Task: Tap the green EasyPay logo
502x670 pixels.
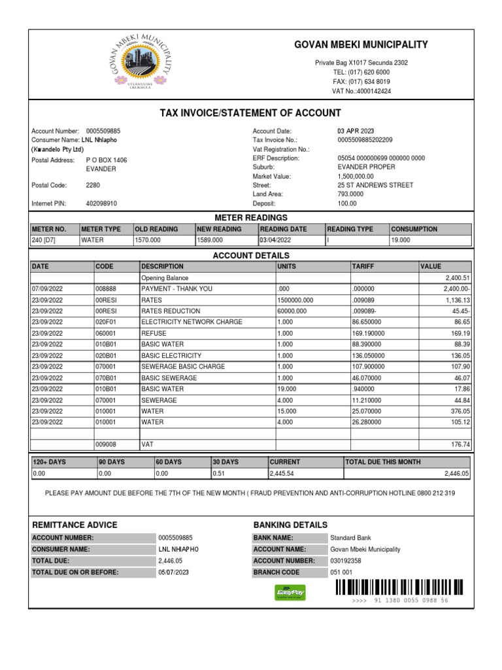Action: point(289,592)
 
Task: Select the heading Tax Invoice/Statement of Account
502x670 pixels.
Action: point(250,113)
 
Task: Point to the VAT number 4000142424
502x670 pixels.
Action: point(361,92)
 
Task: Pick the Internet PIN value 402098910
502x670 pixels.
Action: point(101,203)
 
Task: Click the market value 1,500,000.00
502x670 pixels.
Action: point(356,176)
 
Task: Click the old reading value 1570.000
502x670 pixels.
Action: point(148,240)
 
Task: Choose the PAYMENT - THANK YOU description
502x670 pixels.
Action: point(176,289)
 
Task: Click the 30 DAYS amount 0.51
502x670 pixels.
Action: point(220,473)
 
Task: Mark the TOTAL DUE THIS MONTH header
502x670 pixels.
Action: point(383,462)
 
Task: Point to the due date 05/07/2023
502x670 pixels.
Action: point(174,573)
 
